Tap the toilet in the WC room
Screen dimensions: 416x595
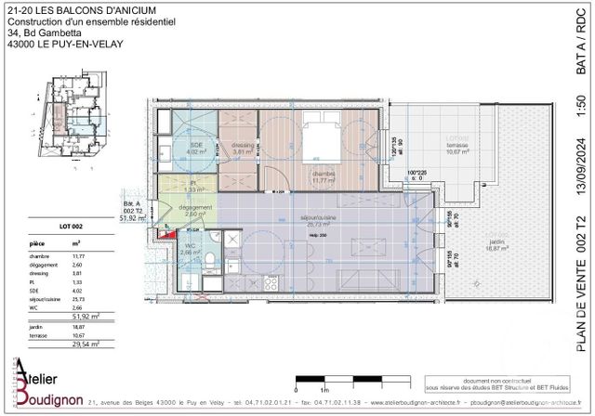coord(211,258)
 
